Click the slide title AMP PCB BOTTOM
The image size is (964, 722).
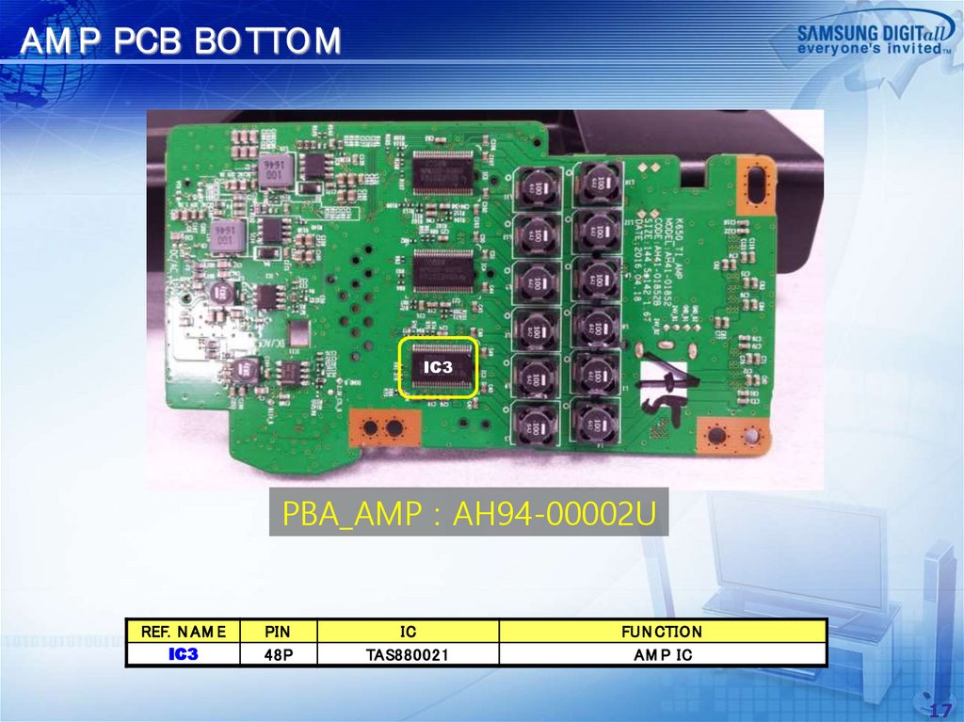181,42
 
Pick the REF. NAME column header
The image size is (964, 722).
184,632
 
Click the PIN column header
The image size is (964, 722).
278,632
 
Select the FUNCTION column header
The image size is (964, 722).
662,632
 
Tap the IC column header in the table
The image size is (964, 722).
408,632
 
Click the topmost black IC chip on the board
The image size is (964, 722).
443,172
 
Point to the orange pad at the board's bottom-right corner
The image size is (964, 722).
735,435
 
